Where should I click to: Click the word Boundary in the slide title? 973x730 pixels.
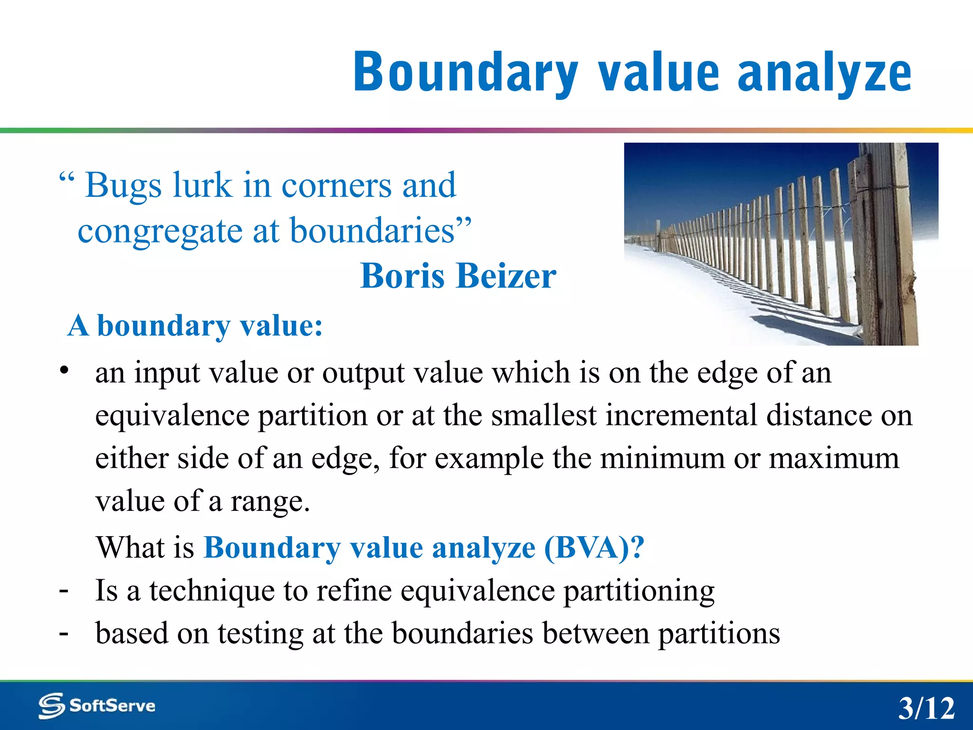[x=466, y=73]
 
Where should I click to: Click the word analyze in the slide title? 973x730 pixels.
[x=824, y=73]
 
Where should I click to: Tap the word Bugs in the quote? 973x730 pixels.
[x=124, y=185]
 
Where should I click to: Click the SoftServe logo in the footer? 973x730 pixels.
[x=97, y=706]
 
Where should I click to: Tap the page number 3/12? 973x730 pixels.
[x=926, y=708]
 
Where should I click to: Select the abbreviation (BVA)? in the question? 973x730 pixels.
[x=594, y=547]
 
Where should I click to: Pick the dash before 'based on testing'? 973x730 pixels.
[x=64, y=633]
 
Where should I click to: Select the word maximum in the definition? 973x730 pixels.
[x=834, y=458]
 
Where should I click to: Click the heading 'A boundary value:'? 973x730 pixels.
[x=195, y=326]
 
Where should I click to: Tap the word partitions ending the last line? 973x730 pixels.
[x=718, y=634]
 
